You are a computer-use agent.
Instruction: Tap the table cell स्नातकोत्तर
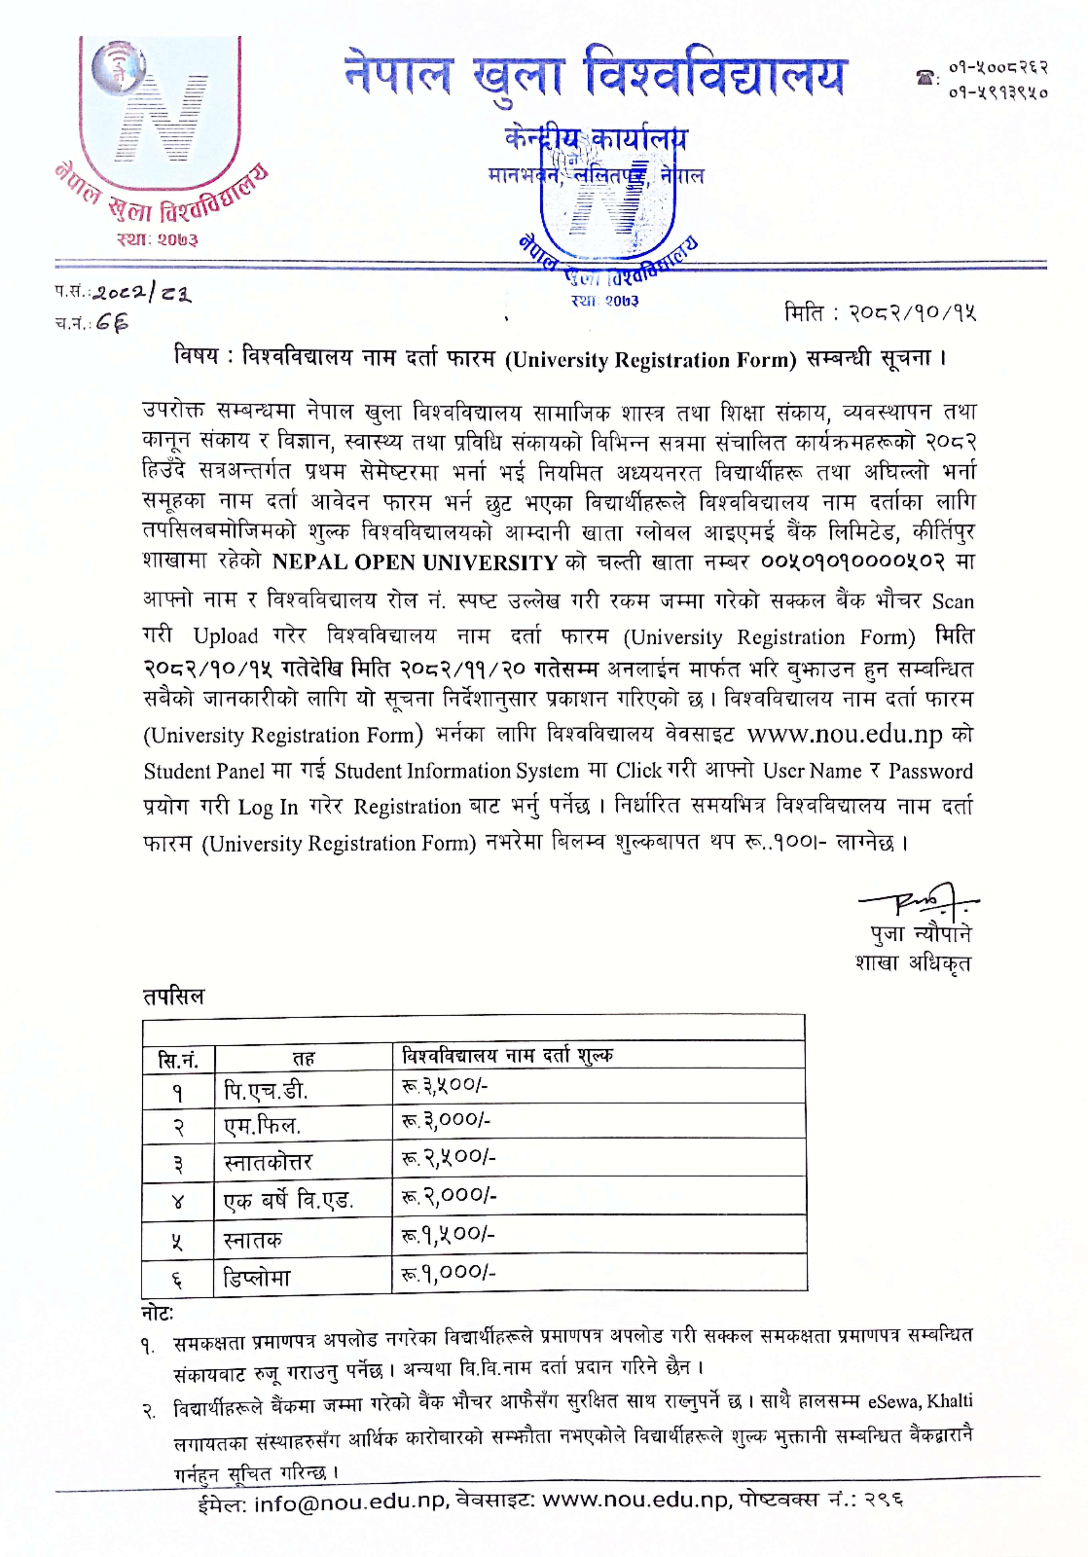[268, 1162]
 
